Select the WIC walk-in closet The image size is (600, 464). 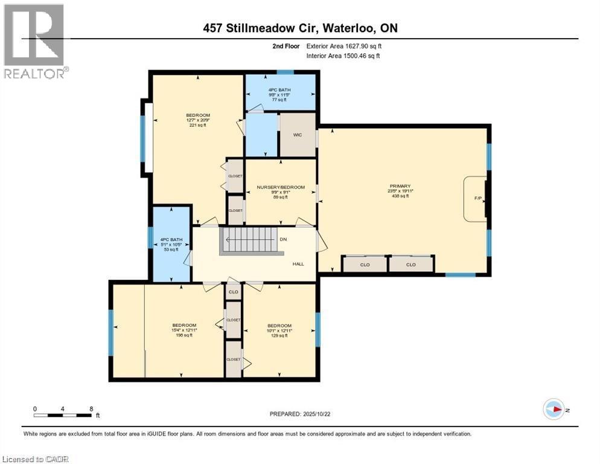pyautogui.click(x=298, y=134)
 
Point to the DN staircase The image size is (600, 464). pyautogui.click(x=251, y=240)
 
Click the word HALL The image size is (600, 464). pyautogui.click(x=298, y=263)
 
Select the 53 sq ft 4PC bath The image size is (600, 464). pyautogui.click(x=169, y=244)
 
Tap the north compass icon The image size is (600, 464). pyautogui.click(x=554, y=409)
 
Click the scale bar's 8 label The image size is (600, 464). pyautogui.click(x=91, y=408)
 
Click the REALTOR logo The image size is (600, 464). pyautogui.click(x=34, y=41)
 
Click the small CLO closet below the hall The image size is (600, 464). pyautogui.click(x=233, y=292)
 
